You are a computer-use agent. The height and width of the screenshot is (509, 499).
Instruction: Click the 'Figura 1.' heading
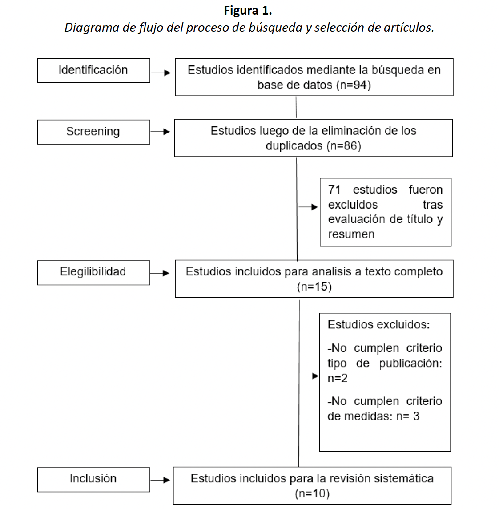pos(248,10)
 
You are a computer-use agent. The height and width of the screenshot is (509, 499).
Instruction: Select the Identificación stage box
pos(93,70)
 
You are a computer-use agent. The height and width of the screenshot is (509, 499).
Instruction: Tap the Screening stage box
pos(93,132)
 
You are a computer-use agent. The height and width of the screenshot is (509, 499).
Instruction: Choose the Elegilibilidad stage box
pos(93,272)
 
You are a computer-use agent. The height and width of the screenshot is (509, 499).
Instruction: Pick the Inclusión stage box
pos(93,479)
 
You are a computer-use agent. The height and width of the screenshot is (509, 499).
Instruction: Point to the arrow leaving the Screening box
pos(161,132)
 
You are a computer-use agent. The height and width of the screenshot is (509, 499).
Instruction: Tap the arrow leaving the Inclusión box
pos(161,480)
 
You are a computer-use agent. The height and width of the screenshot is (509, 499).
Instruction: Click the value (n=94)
pos(354,85)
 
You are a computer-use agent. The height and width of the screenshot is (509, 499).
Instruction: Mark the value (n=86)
pos(344,146)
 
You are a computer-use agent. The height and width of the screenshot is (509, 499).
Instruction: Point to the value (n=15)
pos(314,287)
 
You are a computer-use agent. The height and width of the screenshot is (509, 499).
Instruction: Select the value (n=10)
pos(312,493)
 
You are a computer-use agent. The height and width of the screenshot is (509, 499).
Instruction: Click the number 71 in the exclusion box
pos(334,190)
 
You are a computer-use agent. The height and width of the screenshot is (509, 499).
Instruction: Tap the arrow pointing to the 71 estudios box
pos(308,207)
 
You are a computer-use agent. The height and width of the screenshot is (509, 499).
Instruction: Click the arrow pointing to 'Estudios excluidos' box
pos(309,376)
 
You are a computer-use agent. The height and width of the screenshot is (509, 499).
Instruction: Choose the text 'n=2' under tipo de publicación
pos(338,378)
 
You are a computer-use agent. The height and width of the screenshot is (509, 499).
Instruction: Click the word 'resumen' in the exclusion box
pos(351,234)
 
